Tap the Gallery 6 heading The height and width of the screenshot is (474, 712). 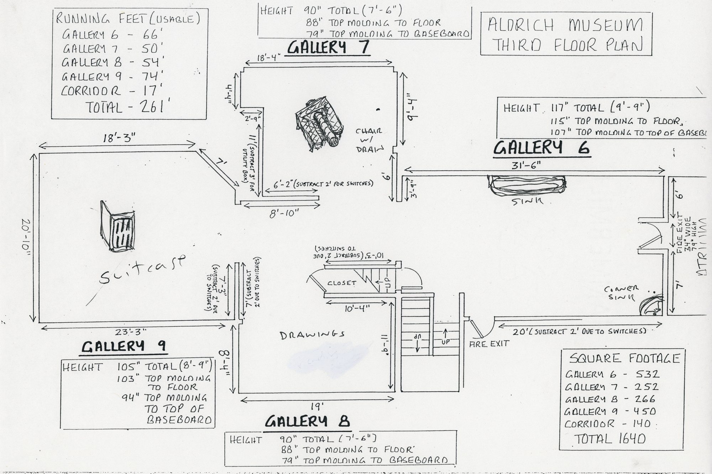click(x=541, y=147)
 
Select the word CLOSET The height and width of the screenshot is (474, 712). click(x=342, y=283)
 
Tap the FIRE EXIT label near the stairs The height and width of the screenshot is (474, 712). click(x=489, y=343)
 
